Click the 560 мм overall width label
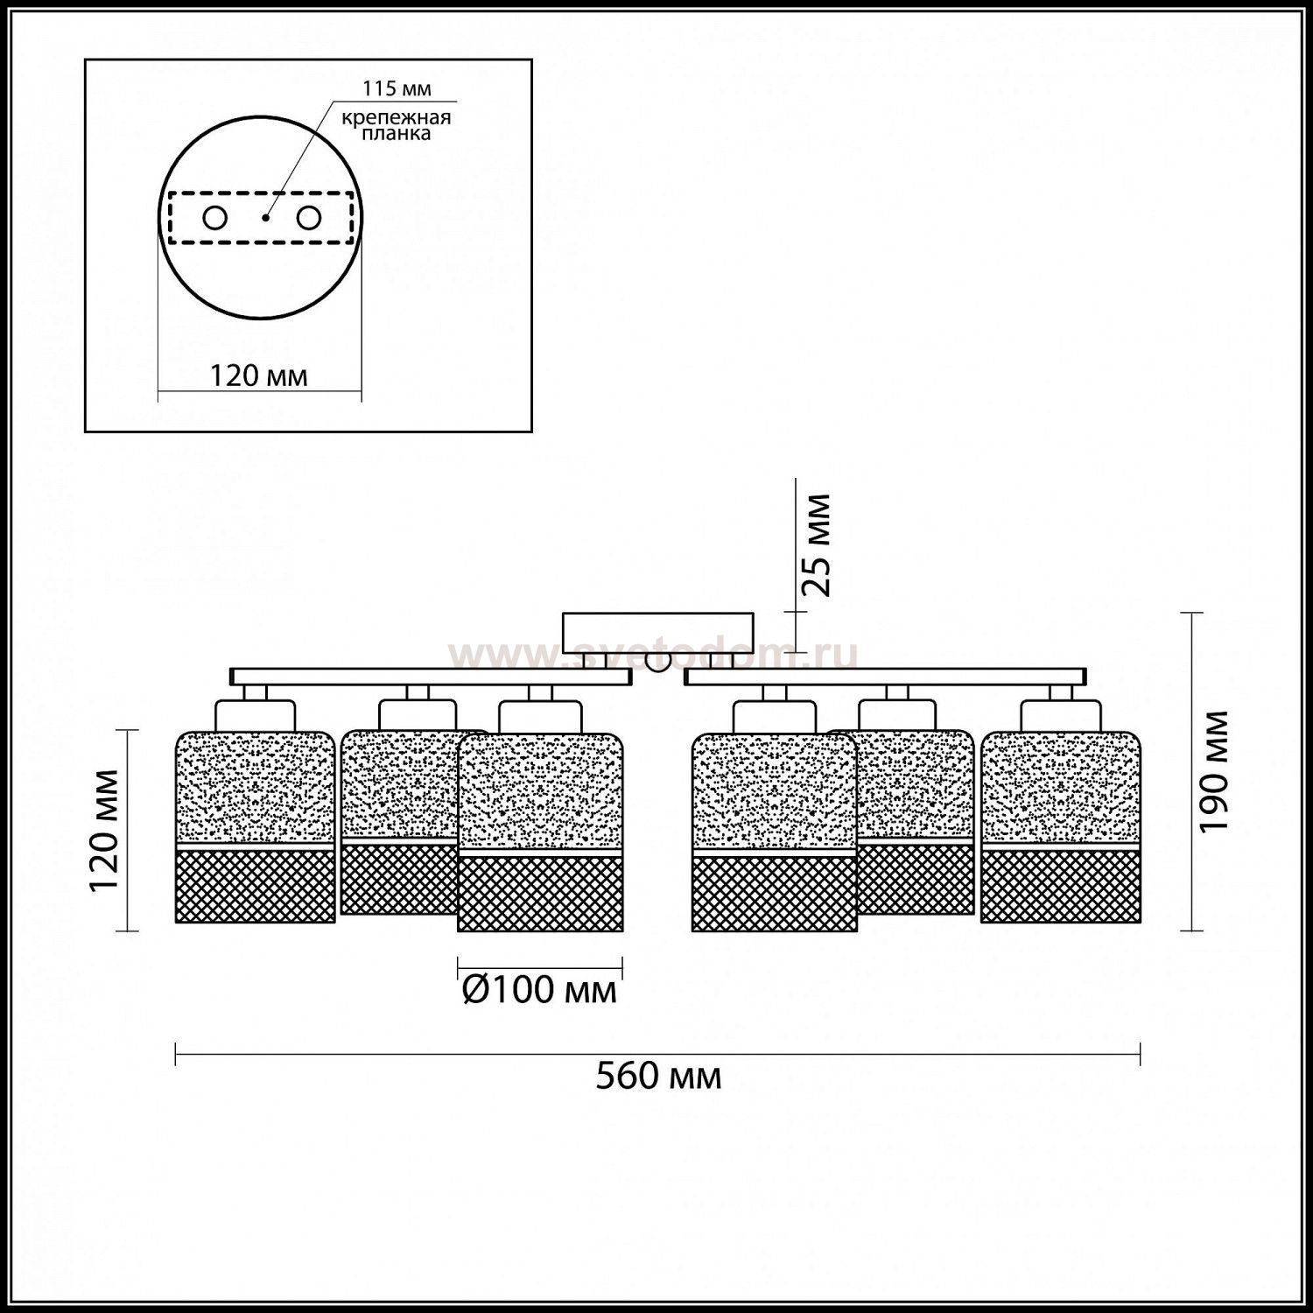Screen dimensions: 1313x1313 click(x=658, y=1076)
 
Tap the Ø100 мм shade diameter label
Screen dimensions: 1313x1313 click(x=539, y=989)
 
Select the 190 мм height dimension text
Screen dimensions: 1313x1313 click(x=1215, y=771)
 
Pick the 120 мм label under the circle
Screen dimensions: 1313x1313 click(x=258, y=376)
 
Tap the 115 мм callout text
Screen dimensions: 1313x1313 click(x=397, y=88)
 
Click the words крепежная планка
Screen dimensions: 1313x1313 click(x=397, y=125)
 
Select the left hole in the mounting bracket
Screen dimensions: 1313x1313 click(x=214, y=218)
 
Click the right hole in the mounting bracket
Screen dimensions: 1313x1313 click(x=308, y=218)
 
